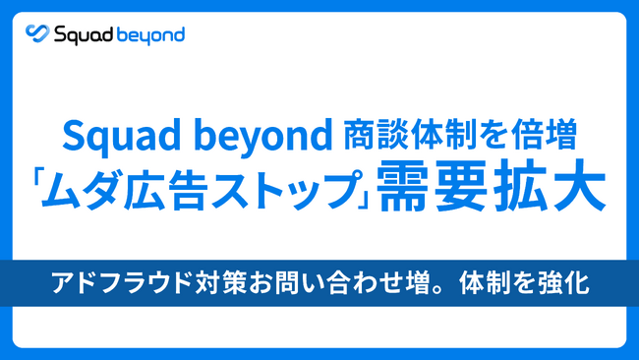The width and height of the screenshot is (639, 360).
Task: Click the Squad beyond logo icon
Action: [x=38, y=35]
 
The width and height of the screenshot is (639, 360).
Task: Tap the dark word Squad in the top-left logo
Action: [x=80, y=35]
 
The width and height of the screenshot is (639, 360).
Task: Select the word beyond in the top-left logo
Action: [x=147, y=35]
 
